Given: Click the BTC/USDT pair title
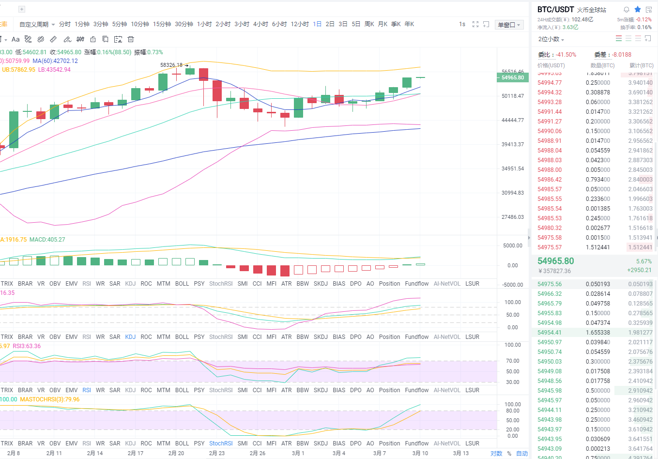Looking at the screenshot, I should [555, 9].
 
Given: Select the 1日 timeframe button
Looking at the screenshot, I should [317, 24].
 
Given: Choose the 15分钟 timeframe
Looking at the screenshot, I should [162, 24].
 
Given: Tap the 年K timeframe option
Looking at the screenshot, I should [409, 24].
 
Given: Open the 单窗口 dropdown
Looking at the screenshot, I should [509, 25].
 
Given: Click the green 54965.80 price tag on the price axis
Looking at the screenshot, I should [512, 77].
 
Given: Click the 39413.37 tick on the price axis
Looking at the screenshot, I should [512, 144].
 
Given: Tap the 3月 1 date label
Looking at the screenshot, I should [298, 453].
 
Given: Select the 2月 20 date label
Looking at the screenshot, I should [176, 453].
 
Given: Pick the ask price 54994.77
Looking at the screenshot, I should [550, 83].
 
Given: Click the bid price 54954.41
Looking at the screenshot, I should [550, 333].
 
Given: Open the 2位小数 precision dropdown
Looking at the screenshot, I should [551, 39].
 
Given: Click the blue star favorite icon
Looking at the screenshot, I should [638, 9].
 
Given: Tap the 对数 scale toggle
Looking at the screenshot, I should [496, 454].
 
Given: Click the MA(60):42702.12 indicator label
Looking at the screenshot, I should [55, 61].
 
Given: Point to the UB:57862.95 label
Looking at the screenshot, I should [18, 70].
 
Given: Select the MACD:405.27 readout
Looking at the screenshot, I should [47, 240].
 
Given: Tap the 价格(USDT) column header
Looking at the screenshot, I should [551, 65].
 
